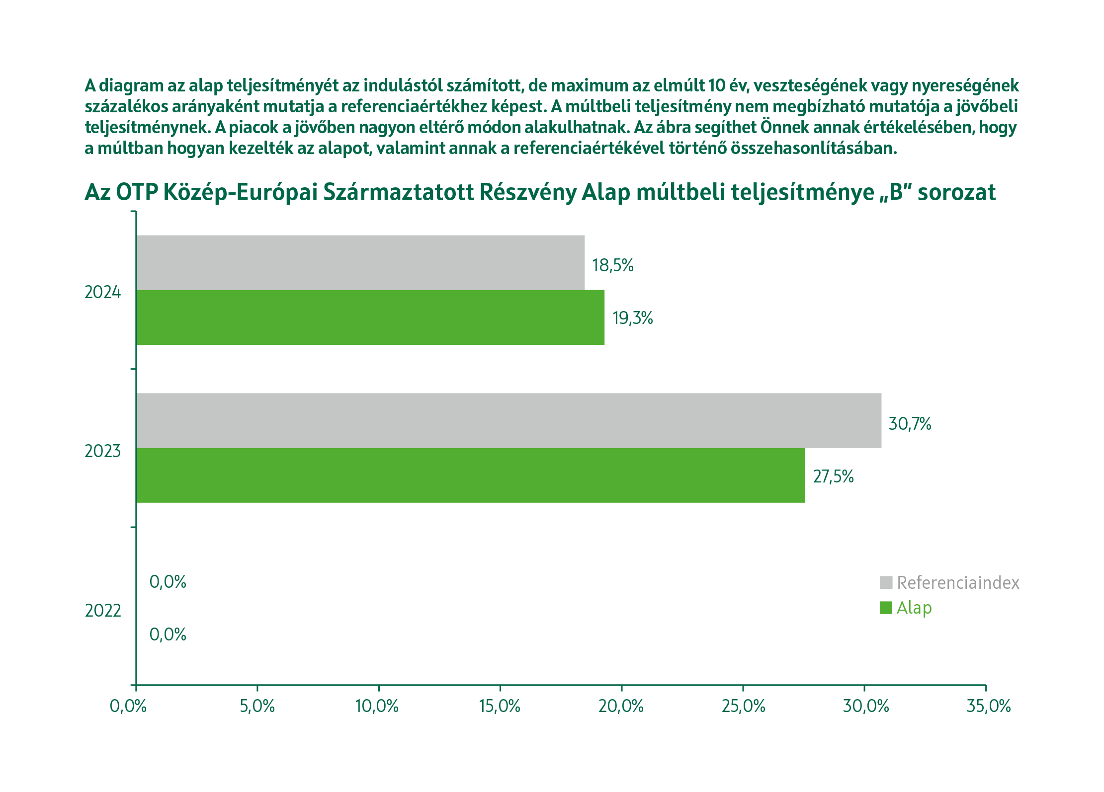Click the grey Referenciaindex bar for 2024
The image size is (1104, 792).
[360, 262]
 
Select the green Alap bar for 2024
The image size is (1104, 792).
[370, 317]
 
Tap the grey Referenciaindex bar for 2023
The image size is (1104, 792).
[509, 420]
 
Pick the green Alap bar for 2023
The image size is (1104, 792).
[470, 475]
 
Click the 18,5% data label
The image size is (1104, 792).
[612, 265]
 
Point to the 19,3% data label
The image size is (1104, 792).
[632, 318]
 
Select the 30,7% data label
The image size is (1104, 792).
[910, 424]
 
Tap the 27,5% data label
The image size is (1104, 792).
[833, 476]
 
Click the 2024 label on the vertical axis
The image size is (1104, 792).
[102, 292]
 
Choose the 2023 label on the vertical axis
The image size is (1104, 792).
[102, 451]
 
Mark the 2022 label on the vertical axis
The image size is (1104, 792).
[103, 611]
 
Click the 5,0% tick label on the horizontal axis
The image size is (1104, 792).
[257, 706]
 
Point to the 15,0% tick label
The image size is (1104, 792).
[500, 706]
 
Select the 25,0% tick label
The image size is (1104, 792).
[743, 706]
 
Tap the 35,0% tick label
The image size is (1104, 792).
[988, 706]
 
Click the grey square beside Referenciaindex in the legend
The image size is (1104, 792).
[886, 582]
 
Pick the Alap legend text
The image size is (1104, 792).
[914, 608]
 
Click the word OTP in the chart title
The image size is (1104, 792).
[136, 192]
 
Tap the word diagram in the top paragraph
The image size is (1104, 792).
[131, 85]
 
